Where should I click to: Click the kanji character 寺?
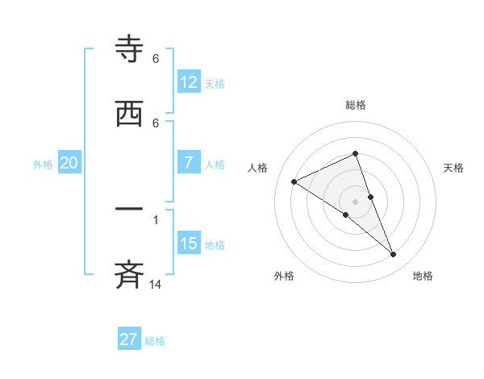(x=130, y=51)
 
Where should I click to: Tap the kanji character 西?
(x=130, y=114)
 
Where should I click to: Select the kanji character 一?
(x=130, y=210)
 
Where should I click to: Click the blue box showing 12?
(x=189, y=81)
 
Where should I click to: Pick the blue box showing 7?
(x=189, y=162)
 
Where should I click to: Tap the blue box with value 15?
(x=189, y=243)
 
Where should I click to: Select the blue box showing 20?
(x=69, y=163)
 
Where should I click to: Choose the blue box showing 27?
(x=129, y=339)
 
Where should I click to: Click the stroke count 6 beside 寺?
(x=156, y=59)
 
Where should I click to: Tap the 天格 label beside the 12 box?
(x=215, y=83)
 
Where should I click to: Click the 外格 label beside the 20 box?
(x=43, y=165)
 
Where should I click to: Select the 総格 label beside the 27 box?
(x=155, y=341)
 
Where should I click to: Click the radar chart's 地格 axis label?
(x=423, y=276)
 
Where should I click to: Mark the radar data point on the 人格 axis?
(x=294, y=181)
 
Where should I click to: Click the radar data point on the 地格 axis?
(x=394, y=255)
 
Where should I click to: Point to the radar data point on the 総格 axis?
(x=355, y=153)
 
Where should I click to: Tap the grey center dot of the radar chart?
(x=355, y=201)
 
